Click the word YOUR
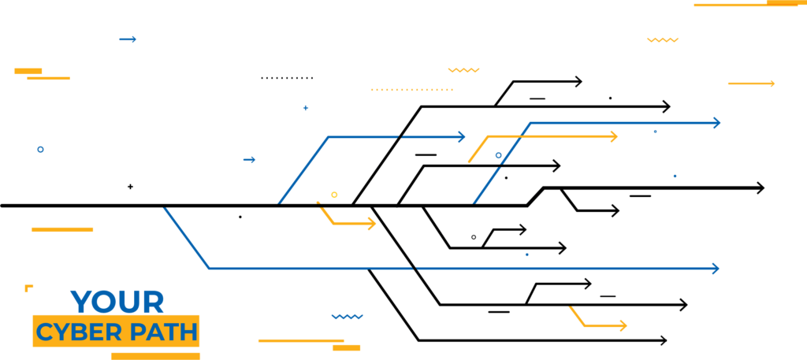click(117, 302)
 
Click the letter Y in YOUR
click(80, 302)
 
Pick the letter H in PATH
click(188, 332)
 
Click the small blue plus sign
click(306, 108)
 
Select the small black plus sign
click(130, 187)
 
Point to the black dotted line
click(287, 78)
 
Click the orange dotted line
click(411, 90)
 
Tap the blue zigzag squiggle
click(348, 317)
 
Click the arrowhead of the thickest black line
click(761, 188)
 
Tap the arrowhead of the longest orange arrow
click(614, 137)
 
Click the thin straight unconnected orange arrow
click(751, 84)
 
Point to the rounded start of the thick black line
click(2, 206)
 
